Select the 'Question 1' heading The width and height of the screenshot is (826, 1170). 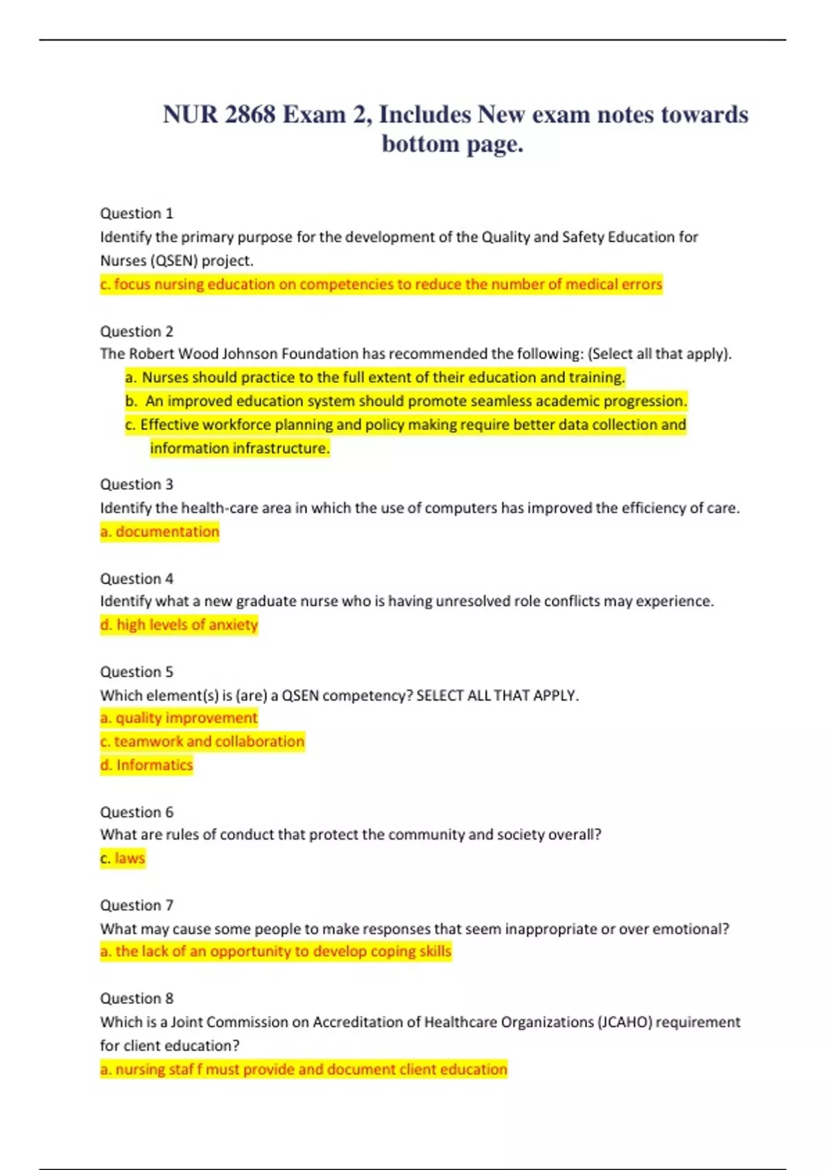136,213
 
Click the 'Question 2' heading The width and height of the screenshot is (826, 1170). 136,331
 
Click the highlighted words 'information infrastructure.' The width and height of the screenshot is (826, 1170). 240,448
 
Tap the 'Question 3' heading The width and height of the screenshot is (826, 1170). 136,485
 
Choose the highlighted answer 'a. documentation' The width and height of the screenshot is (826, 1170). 160,531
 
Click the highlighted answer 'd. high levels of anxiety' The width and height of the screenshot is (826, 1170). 179,625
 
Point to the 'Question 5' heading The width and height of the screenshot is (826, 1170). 136,672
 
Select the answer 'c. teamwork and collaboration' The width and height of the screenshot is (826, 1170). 202,741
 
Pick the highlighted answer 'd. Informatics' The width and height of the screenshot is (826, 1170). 147,765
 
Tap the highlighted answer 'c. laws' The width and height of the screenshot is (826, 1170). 123,858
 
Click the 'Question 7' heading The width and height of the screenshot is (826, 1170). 136,905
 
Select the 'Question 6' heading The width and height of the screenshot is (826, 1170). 136,812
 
